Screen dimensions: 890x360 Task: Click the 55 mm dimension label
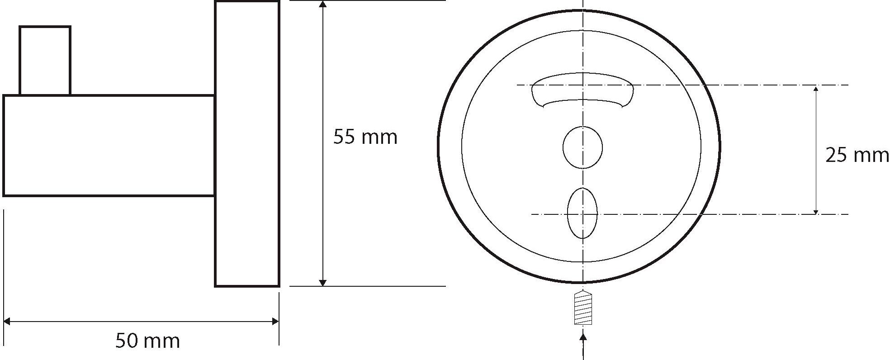pyautogui.click(x=365, y=137)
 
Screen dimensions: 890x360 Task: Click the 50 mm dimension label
pyautogui.click(x=147, y=341)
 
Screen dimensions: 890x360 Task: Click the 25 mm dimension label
pyautogui.click(x=857, y=155)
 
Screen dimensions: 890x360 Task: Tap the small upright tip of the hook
pyautogui.click(x=45, y=61)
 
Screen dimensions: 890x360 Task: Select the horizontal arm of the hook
pyautogui.click(x=109, y=146)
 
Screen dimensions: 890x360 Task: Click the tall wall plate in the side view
pyautogui.click(x=247, y=144)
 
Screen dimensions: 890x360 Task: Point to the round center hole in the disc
pyautogui.click(x=582, y=147)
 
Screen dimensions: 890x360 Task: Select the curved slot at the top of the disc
pyautogui.click(x=582, y=90)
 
